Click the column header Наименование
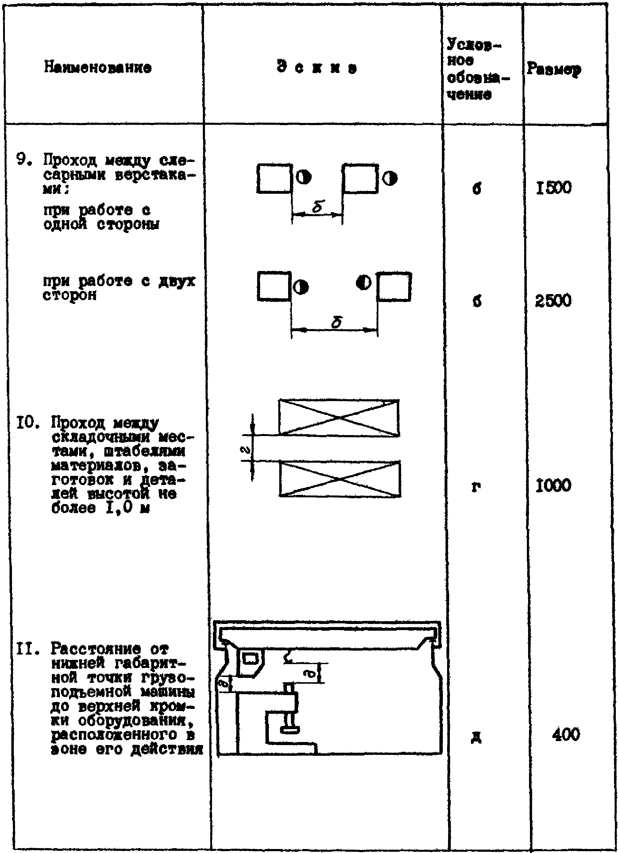tap(98, 68)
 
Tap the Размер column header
tap(554, 69)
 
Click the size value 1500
tap(554, 187)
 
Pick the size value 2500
tap(553, 300)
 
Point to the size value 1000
tap(554, 485)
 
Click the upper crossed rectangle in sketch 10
tap(339, 418)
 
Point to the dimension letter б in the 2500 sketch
tap(337, 322)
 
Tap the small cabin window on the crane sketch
tap(251, 659)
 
